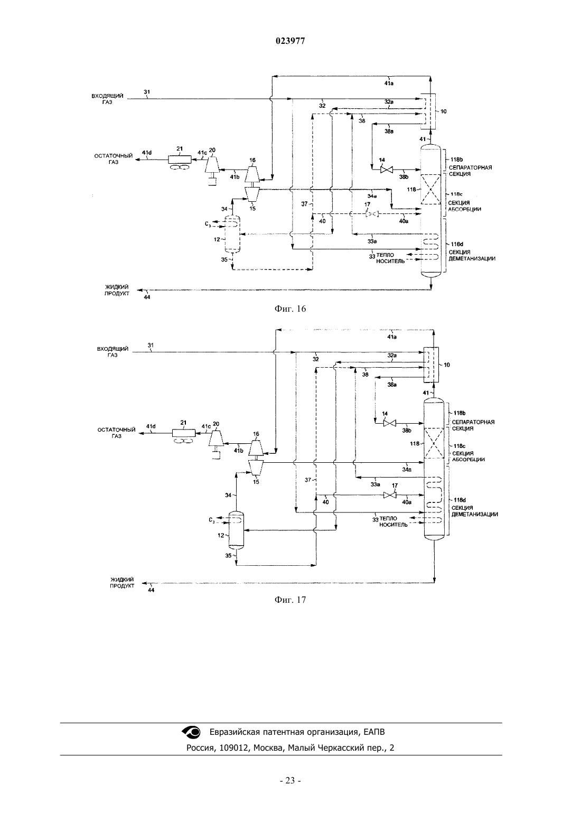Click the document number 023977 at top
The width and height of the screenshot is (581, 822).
(290, 41)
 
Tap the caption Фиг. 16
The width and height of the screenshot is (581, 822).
(290, 309)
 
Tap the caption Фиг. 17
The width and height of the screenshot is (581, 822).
(290, 600)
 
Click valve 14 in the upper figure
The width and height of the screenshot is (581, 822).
(386, 170)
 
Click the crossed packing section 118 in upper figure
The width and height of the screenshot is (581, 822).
(431, 189)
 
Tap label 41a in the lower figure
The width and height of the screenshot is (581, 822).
(392, 337)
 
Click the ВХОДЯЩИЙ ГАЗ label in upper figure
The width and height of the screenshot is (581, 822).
(107, 99)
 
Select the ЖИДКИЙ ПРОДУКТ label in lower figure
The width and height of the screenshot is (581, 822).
(122, 582)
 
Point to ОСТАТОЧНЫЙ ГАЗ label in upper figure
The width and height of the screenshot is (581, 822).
(114, 159)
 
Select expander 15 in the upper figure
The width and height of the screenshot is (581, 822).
(252, 193)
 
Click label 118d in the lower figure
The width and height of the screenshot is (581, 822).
(460, 500)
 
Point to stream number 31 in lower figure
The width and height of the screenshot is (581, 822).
(151, 345)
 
